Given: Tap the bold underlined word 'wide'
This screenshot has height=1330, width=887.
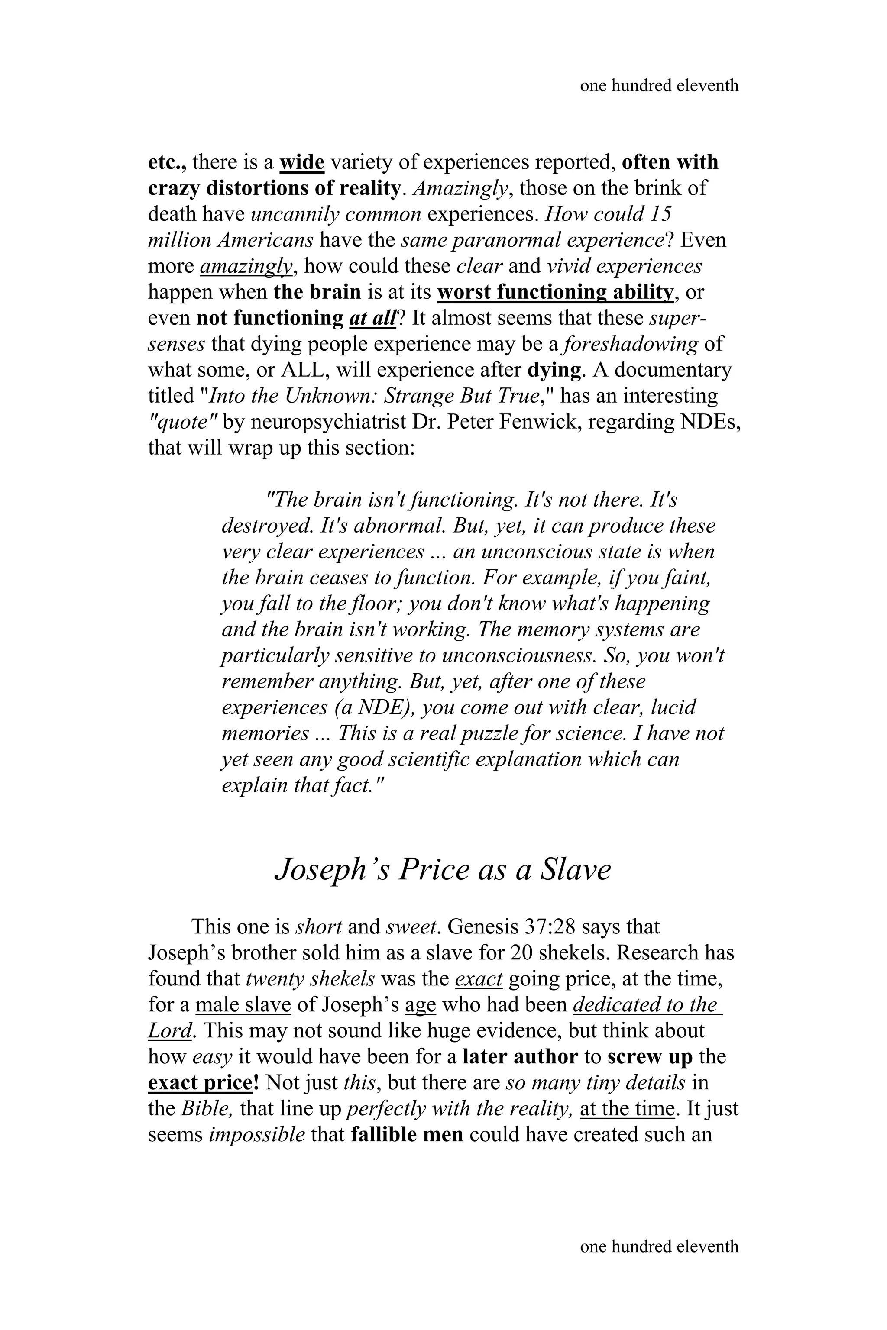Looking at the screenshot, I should point(301,162).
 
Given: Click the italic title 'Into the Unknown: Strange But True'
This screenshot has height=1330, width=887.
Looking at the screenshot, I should point(373,396).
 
